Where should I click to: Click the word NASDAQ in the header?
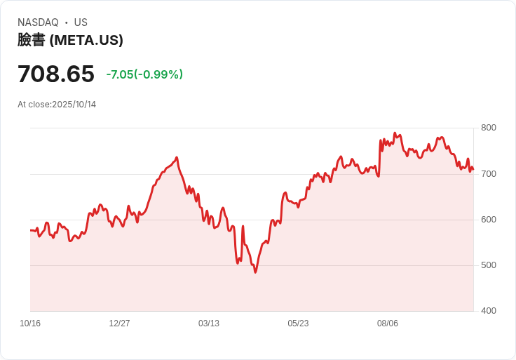point(38,22)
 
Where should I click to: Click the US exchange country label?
point(81,22)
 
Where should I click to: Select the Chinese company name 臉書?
point(31,40)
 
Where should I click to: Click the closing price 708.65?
point(56,74)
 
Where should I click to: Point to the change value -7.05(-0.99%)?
point(144,74)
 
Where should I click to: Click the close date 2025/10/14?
point(74,105)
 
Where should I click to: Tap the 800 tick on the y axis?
point(488,128)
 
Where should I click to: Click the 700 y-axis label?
point(488,173)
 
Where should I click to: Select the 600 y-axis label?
point(488,220)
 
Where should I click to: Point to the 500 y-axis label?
point(488,265)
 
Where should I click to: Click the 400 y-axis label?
point(488,311)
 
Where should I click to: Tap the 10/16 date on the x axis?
point(30,324)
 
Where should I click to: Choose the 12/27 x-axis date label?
point(119,324)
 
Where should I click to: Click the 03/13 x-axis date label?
point(209,324)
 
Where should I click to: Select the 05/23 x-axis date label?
point(298,324)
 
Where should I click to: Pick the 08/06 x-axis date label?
point(388,324)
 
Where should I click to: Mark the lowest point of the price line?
point(255,272)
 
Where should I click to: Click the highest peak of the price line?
point(395,133)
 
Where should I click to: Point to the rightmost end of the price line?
point(473,169)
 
